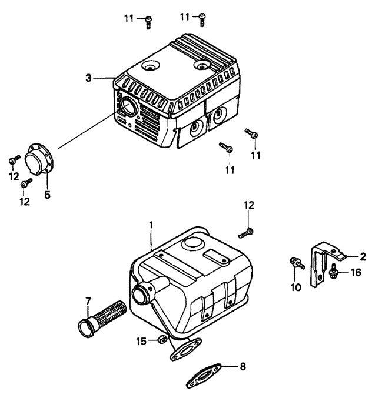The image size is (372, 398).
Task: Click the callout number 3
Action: pos(88,78)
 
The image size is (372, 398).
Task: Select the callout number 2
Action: pos(363,256)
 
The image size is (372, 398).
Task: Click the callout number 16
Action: pos(355,272)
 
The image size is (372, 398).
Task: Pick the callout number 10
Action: pos(295,286)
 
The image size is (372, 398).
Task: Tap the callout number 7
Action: pos(88,302)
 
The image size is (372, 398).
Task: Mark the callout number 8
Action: pos(243,366)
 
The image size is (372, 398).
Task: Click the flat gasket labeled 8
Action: pos(203,372)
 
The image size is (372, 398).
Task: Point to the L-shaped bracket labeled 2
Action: pos(321,265)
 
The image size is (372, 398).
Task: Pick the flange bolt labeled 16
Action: pos(334,272)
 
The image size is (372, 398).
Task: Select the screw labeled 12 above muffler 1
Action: pos(247,232)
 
